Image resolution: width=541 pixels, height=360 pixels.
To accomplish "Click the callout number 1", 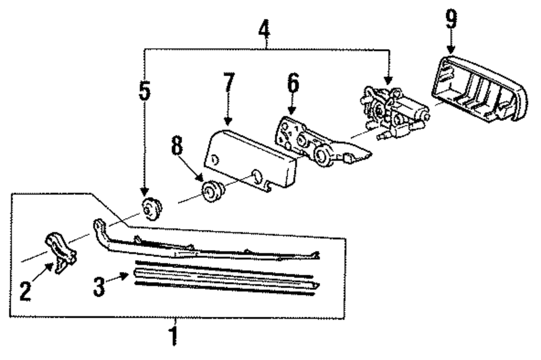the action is click(x=174, y=335).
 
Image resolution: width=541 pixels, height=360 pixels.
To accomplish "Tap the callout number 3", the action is click(x=98, y=286).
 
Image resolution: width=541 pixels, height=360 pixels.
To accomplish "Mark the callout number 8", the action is click(x=177, y=148).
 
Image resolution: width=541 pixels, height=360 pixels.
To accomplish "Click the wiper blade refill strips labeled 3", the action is click(x=225, y=278).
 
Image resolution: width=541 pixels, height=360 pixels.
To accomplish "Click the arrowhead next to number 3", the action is click(x=126, y=275).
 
